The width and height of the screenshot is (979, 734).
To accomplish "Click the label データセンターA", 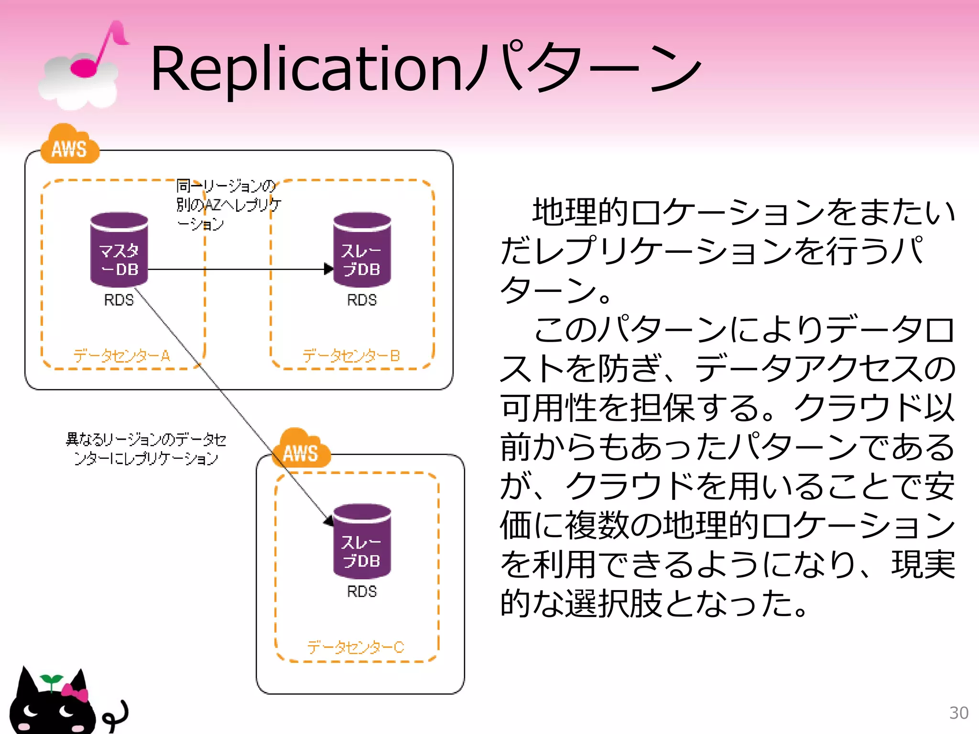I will (122, 356).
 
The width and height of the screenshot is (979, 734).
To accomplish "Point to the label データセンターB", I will (351, 356).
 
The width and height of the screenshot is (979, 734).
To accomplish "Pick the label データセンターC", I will (356, 647).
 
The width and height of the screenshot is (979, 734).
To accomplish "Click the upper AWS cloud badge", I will (70, 146).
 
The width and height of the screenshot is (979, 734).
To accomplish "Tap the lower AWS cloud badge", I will (301, 450).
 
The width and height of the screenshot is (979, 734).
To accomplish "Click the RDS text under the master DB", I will (119, 300).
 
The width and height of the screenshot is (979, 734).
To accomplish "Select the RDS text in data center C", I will (362, 592).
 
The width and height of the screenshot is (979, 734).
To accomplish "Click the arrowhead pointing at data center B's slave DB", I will (328, 269).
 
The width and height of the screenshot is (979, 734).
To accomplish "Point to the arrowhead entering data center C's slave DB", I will (328, 520).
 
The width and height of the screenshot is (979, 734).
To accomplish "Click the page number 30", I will (958, 712).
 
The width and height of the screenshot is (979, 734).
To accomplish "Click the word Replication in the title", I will (306, 69).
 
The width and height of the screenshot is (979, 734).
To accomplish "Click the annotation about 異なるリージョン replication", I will (146, 449).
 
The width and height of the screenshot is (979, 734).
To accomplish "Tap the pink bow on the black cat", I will (75, 692).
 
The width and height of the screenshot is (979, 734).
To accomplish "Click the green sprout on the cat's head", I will (51, 680).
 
